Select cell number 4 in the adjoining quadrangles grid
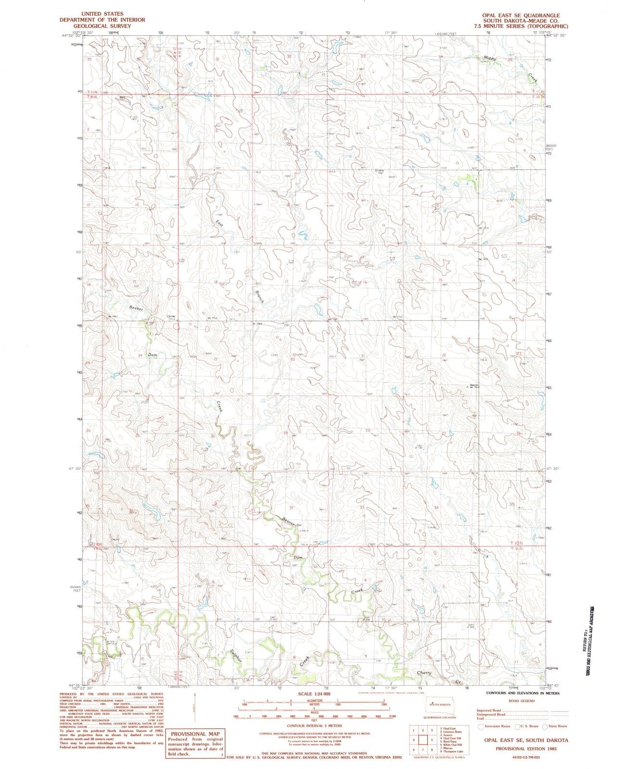pyautogui.click(x=413, y=739)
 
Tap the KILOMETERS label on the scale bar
pyautogui.click(x=314, y=701)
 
